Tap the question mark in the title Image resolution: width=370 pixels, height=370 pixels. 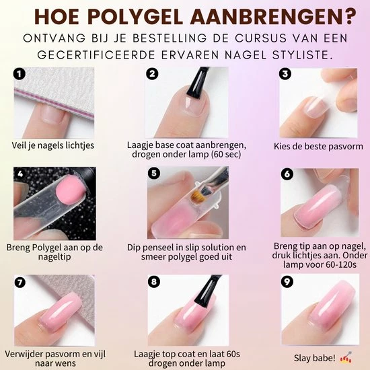348,16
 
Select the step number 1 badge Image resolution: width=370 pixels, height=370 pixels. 19,74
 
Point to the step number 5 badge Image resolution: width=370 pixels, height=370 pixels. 153,174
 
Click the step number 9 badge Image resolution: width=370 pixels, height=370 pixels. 287,281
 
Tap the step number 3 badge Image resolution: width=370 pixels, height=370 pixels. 285,74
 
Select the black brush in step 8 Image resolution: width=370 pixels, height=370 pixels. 207,291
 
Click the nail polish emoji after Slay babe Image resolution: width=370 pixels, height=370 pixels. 346,357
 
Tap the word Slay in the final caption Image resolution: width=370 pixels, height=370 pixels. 303,358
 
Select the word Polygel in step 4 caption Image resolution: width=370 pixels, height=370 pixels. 47,248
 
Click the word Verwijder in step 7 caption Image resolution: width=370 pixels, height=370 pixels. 23,354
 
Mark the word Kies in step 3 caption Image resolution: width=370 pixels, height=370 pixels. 281,146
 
